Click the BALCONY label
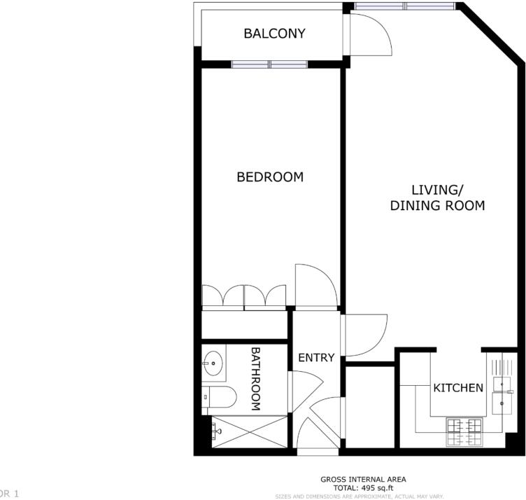(x=274, y=34)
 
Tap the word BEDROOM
(x=270, y=177)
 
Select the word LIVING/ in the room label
(x=437, y=190)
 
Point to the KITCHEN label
(x=458, y=388)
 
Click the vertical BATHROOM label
(x=255, y=378)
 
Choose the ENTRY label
(x=316, y=358)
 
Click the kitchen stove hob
(x=462, y=431)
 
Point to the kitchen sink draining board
(x=501, y=367)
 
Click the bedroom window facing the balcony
(x=270, y=64)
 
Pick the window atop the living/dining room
(x=404, y=6)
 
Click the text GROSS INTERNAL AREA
(x=362, y=479)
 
